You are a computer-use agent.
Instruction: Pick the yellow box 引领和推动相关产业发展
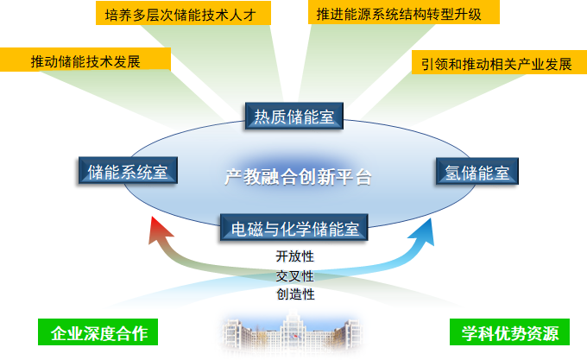click(496, 64)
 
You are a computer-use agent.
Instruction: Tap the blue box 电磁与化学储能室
click(294, 229)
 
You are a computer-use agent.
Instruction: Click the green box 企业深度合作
click(99, 332)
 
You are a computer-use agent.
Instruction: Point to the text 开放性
click(295, 256)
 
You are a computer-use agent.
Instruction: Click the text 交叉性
click(295, 275)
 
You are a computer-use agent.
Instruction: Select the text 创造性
click(295, 294)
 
